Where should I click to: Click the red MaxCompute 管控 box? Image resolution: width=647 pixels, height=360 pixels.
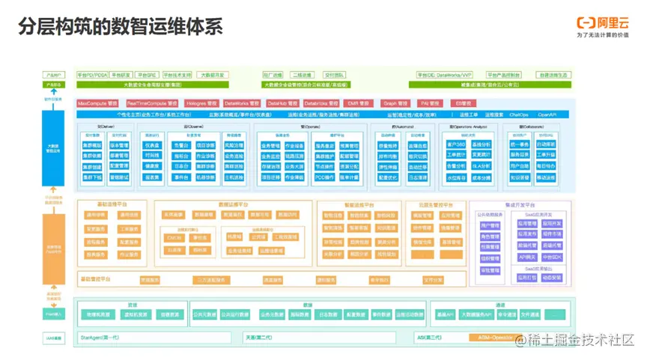click(97, 103)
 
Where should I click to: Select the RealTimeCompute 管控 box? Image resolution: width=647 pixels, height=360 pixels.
click(152, 103)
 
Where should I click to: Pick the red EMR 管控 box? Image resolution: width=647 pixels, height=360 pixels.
click(358, 103)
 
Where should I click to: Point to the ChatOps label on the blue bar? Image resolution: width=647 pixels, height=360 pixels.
click(519, 115)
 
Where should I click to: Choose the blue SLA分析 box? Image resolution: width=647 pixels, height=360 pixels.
click(484, 165)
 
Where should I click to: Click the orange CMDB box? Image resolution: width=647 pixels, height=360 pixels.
click(174, 237)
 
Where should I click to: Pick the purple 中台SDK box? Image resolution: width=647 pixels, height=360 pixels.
click(552, 256)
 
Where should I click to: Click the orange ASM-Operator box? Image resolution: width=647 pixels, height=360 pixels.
click(496, 338)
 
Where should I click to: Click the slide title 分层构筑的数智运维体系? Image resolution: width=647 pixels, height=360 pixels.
click(120, 26)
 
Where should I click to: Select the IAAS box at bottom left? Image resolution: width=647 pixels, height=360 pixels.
click(54, 338)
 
